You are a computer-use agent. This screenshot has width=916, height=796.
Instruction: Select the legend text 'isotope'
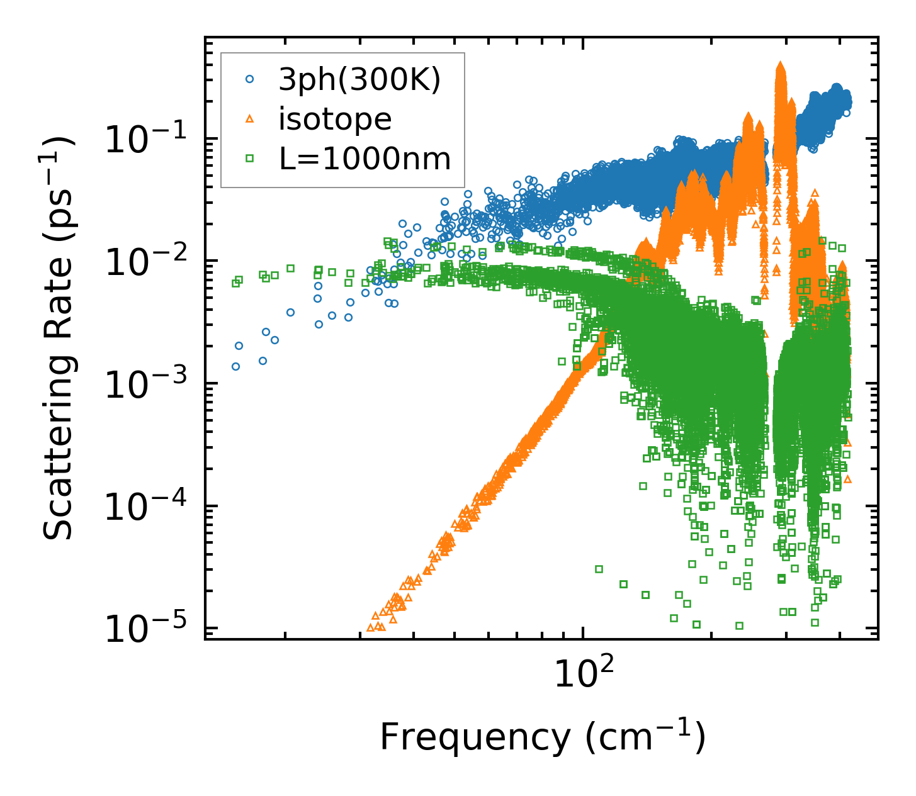(335, 119)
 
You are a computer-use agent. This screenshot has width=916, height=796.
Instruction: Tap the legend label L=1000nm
(365, 159)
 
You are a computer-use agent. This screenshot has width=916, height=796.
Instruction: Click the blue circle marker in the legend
(249, 79)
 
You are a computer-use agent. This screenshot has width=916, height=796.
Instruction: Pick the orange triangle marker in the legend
(249, 119)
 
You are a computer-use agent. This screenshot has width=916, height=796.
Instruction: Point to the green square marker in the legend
(249, 159)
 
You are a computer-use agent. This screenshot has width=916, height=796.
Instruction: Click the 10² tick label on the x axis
(584, 674)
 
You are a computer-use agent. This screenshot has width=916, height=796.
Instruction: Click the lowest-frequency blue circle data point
(235, 366)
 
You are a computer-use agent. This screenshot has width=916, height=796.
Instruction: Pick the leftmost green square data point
(235, 283)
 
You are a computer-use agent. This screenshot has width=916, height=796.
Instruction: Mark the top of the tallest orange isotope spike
(781, 65)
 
